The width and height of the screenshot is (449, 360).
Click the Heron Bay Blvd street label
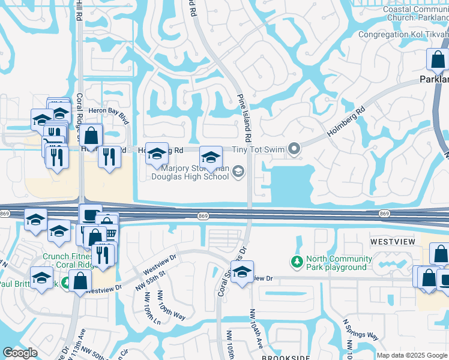(x=109, y=112)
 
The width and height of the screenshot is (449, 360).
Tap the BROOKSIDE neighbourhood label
(x=285, y=356)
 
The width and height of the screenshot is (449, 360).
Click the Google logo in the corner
(x=20, y=353)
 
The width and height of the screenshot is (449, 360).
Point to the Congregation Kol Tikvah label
(x=403, y=34)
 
